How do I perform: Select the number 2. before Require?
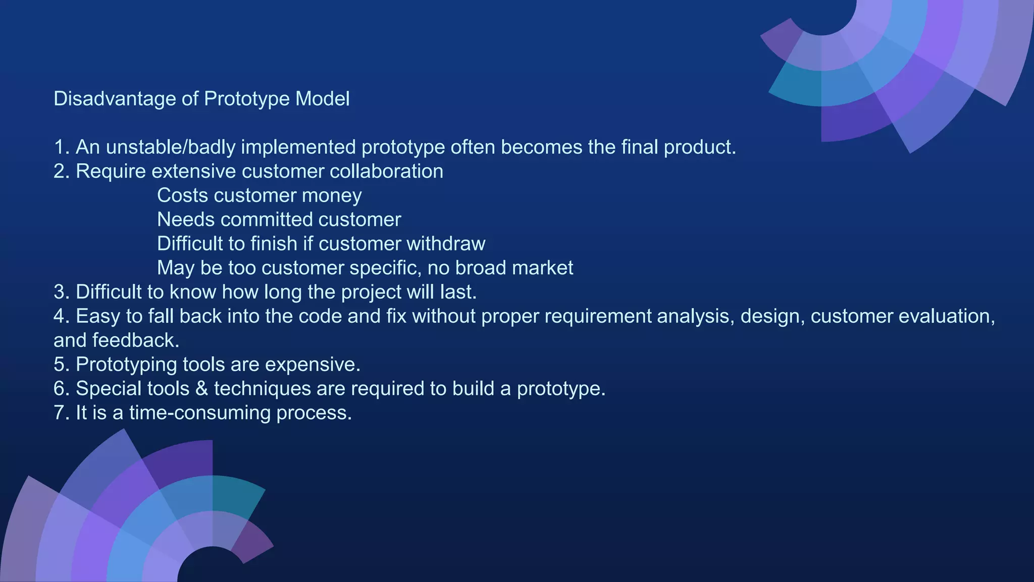[61, 171]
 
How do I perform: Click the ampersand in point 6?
[201, 389]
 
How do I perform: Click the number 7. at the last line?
[61, 413]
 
